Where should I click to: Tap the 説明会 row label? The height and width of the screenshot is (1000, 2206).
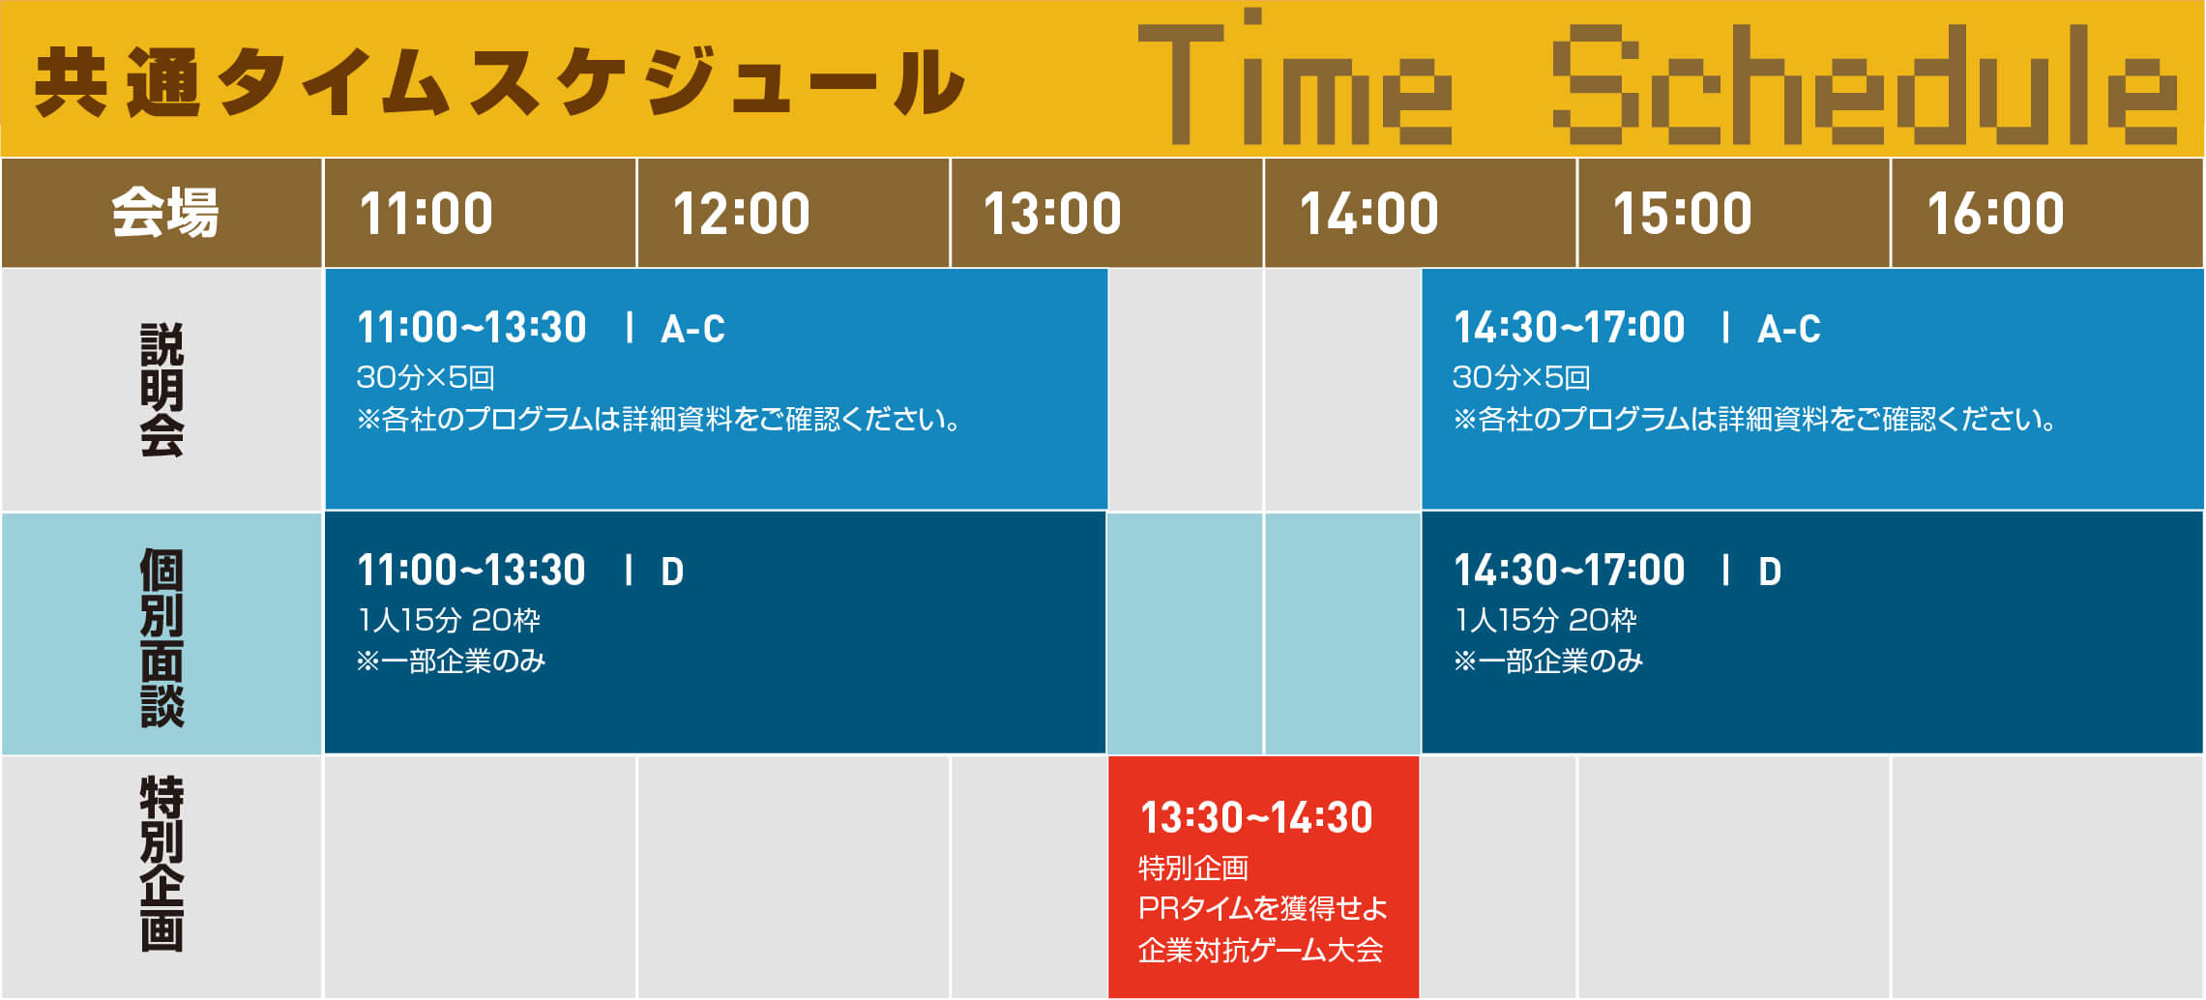[162, 390]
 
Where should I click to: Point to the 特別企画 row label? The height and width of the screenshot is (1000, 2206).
[162, 864]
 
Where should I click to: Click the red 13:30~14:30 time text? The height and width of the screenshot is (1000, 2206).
[1256, 818]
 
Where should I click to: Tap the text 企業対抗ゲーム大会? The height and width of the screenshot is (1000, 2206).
[1260, 951]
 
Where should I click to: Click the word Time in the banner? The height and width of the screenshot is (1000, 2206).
[1295, 77]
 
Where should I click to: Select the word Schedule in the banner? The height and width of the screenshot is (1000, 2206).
[1865, 85]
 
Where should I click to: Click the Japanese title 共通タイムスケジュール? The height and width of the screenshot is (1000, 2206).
[500, 82]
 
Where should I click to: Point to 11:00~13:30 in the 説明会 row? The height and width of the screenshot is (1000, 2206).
[472, 328]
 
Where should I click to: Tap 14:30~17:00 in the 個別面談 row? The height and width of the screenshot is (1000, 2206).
[1569, 571]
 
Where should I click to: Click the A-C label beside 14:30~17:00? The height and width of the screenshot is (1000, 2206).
[1789, 330]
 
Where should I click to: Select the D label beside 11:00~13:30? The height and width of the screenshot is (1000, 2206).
[672, 573]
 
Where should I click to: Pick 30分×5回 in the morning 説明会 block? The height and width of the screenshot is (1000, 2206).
[426, 377]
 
